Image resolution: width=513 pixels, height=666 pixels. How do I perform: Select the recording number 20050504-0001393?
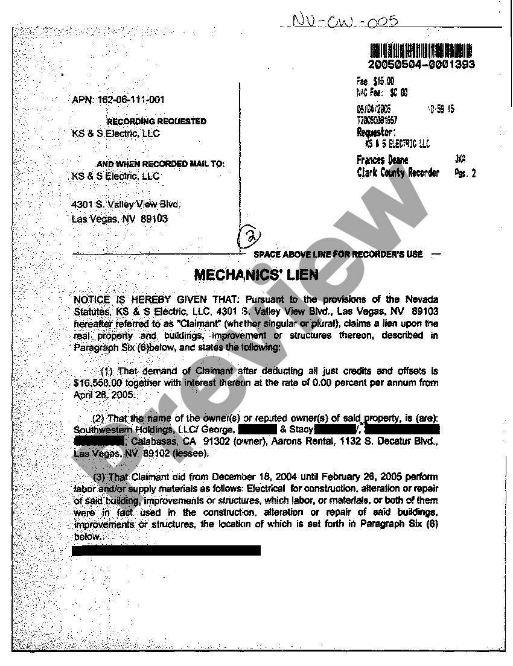[x=421, y=65]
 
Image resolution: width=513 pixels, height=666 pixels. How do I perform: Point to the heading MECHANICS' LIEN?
[x=256, y=276]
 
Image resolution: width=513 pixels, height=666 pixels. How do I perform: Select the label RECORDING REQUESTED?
[x=156, y=121]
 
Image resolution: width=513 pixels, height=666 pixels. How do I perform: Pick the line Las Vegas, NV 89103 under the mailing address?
[x=119, y=219]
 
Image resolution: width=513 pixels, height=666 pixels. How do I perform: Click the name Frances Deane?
[x=383, y=160]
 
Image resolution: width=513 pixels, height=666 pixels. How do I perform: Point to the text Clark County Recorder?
[x=398, y=173]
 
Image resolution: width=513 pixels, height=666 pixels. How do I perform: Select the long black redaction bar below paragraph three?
[x=166, y=550]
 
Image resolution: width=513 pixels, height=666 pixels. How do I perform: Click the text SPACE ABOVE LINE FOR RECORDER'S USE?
[x=338, y=254]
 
